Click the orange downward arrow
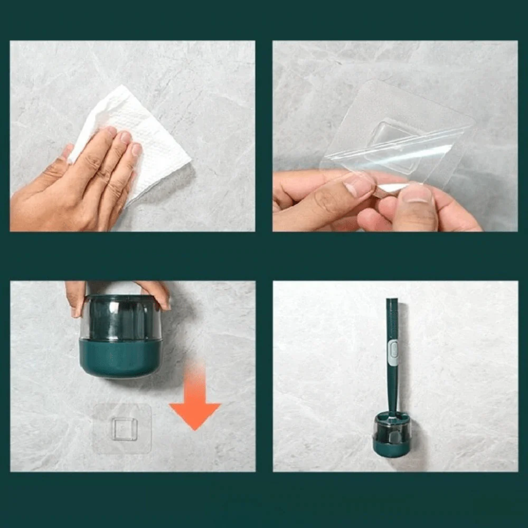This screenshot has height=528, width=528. (x=194, y=401)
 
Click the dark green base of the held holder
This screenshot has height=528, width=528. (x=120, y=359)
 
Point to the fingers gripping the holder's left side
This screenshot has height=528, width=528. (x=76, y=296)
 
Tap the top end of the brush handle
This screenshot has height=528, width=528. (x=392, y=302)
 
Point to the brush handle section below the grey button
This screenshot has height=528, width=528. (x=393, y=385)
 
